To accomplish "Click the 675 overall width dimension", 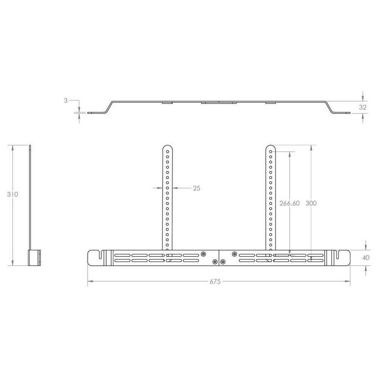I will [x=215, y=281].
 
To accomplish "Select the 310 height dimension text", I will [x=12, y=194].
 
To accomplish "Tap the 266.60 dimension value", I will [x=289, y=203].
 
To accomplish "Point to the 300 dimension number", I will [x=311, y=203].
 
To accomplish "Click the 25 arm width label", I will [x=196, y=188].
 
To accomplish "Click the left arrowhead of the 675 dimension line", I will [x=90, y=281].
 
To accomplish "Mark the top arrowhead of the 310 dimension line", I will [x=13, y=147].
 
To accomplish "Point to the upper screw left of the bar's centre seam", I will [x=203, y=254].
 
